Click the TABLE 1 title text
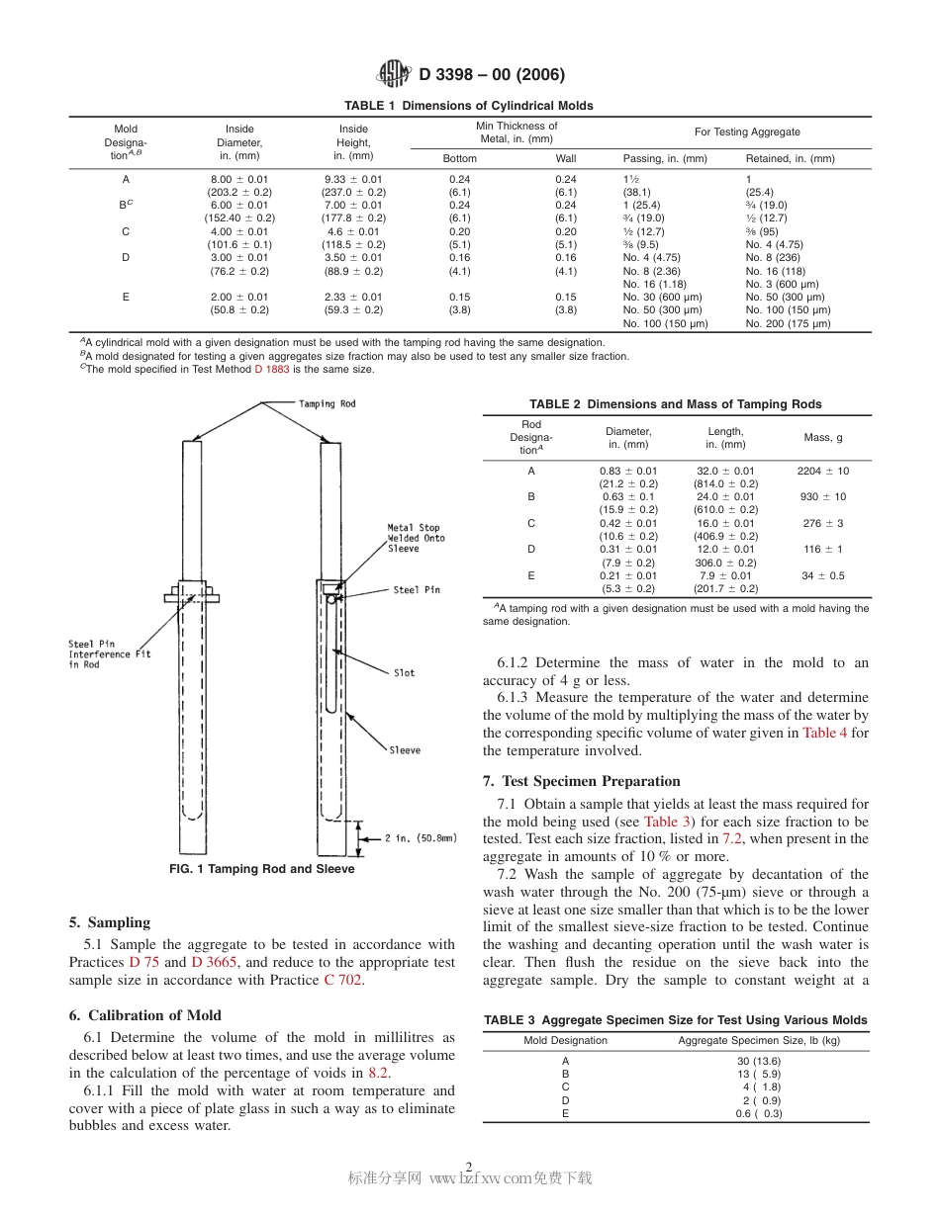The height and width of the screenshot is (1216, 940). point(469,106)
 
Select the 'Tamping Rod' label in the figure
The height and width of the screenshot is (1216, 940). point(327,404)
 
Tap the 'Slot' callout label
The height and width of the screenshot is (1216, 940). point(404,673)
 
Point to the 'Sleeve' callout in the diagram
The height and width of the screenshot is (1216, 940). point(404,750)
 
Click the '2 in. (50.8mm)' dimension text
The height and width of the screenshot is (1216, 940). point(421,838)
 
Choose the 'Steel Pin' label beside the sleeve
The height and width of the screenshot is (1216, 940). point(417,590)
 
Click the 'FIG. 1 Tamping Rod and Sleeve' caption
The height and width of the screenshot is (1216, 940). point(261,869)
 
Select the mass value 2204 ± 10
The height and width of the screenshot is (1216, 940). point(822,471)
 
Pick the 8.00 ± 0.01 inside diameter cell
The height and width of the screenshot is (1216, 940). point(239,179)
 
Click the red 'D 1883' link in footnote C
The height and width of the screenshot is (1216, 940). point(271,369)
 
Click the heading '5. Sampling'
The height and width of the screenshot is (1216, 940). point(110,922)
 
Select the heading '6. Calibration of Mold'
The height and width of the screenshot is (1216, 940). point(145,1015)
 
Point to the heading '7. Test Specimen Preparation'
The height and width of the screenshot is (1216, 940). point(582,781)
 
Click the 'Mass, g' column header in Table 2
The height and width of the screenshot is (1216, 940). point(822,437)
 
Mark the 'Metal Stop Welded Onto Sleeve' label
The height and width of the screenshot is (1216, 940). point(416,538)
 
